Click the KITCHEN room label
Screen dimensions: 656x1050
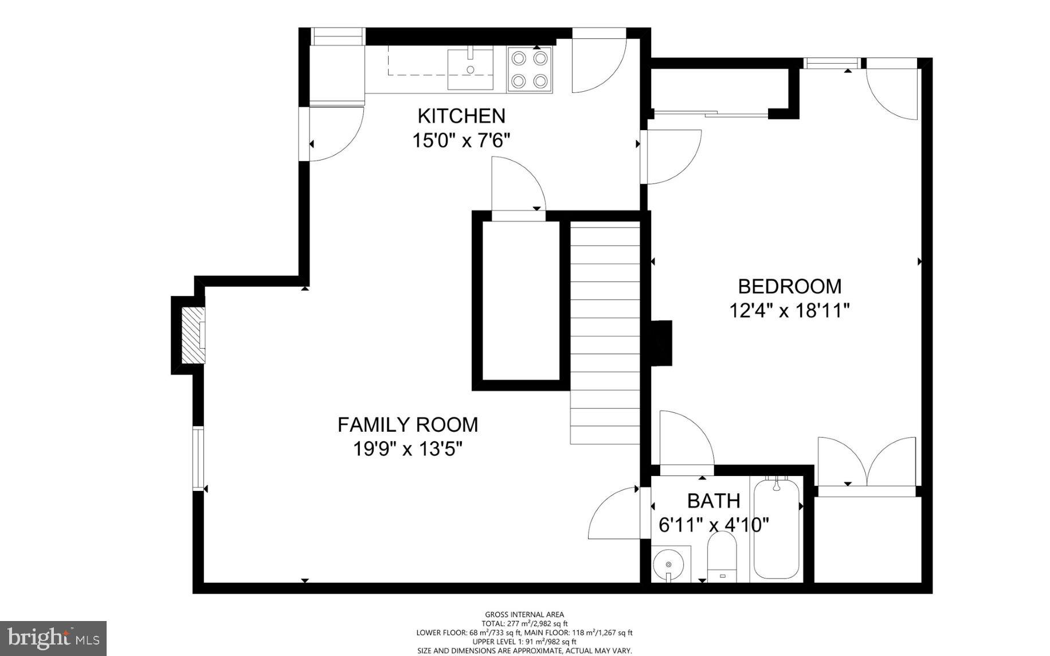[x=461, y=116]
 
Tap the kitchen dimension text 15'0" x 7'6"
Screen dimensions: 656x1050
[x=461, y=140]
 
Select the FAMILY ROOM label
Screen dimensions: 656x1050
[x=408, y=425]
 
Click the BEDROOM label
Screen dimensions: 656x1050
[x=789, y=286]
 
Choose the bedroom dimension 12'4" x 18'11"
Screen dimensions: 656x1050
[x=789, y=311]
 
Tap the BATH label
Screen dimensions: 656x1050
[x=714, y=501]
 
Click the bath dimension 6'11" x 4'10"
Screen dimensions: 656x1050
[x=714, y=525]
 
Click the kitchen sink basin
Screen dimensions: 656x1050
[x=470, y=69]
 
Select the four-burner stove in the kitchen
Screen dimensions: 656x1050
[x=530, y=69]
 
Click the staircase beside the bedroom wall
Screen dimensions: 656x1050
[x=605, y=333]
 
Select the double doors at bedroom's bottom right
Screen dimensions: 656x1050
[x=867, y=464]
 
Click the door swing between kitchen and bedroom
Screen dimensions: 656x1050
[x=671, y=156]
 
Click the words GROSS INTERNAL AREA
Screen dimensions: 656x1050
[x=524, y=615]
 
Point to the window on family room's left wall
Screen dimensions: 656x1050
[x=198, y=458]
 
